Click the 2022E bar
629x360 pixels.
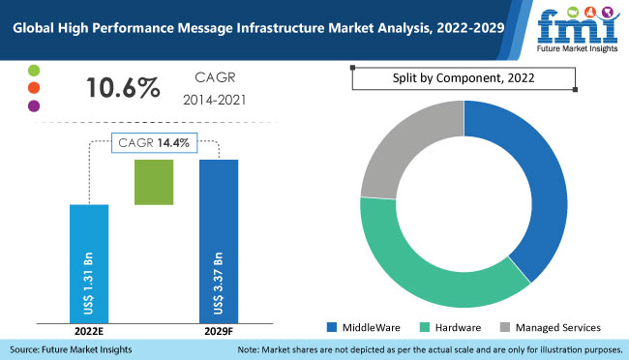[89, 261]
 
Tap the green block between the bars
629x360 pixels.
[154, 181]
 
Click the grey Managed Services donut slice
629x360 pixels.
[406, 145]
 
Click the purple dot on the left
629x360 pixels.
[34, 105]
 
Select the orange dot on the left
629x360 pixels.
[34, 88]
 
